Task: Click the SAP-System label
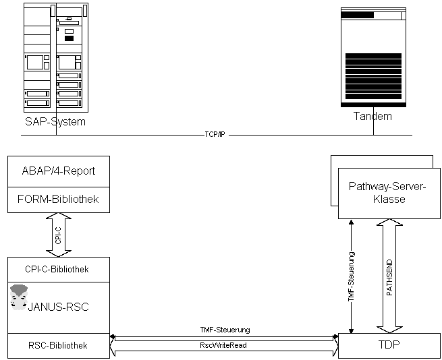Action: tap(55, 122)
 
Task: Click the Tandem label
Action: tap(372, 116)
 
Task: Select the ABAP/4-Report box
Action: tap(58, 171)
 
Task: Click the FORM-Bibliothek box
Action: tap(58, 200)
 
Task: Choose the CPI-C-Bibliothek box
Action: tap(58, 269)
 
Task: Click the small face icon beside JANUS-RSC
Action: tap(19, 297)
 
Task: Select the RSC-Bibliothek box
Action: tap(58, 345)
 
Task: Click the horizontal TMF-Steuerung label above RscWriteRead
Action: tap(225, 330)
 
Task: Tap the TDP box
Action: tap(389, 344)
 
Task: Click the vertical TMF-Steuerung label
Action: tap(352, 276)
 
